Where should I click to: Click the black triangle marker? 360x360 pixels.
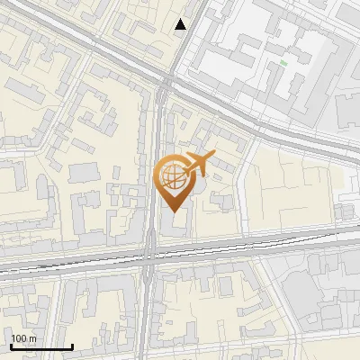(181, 24)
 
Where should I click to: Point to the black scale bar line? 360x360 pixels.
(41, 346)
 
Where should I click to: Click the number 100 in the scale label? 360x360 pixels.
(19, 338)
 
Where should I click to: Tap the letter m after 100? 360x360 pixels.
(31, 339)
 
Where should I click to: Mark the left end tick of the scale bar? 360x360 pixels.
(11, 346)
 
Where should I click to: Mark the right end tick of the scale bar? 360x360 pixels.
(72, 346)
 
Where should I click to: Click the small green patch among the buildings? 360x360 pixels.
(283, 63)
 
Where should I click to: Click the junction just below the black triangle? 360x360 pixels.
(165, 83)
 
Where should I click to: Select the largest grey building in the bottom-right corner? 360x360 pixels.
(310, 292)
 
